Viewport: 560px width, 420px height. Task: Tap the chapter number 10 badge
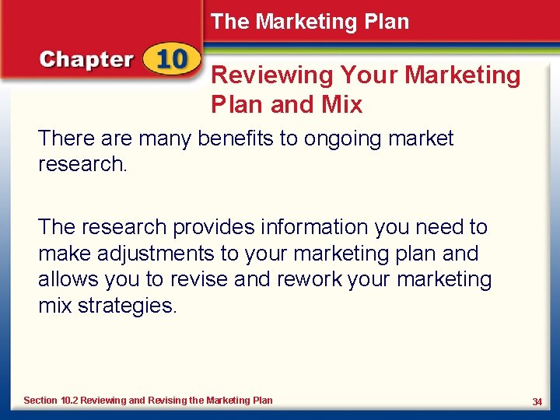point(170,60)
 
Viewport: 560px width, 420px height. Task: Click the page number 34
point(537,401)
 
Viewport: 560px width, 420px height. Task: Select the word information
point(310,227)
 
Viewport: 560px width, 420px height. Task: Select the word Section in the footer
point(40,401)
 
